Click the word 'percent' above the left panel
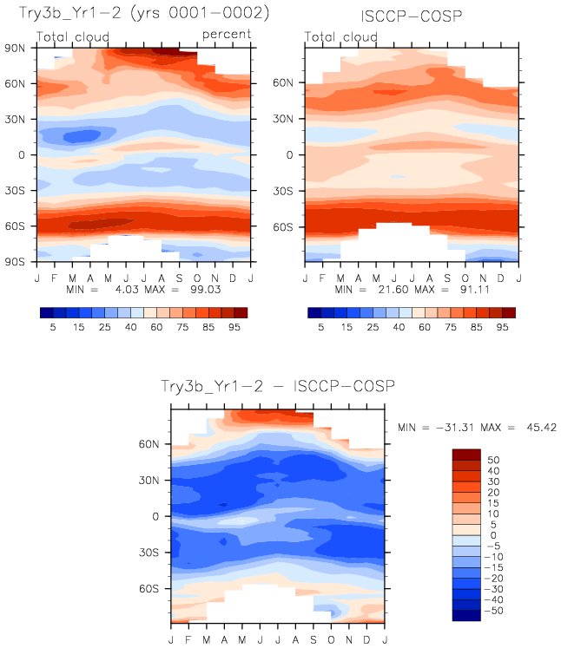227,34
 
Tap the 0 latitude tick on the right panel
288,154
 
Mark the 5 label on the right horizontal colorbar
321,330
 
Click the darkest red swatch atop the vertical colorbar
466,454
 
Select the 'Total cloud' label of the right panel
342,37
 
